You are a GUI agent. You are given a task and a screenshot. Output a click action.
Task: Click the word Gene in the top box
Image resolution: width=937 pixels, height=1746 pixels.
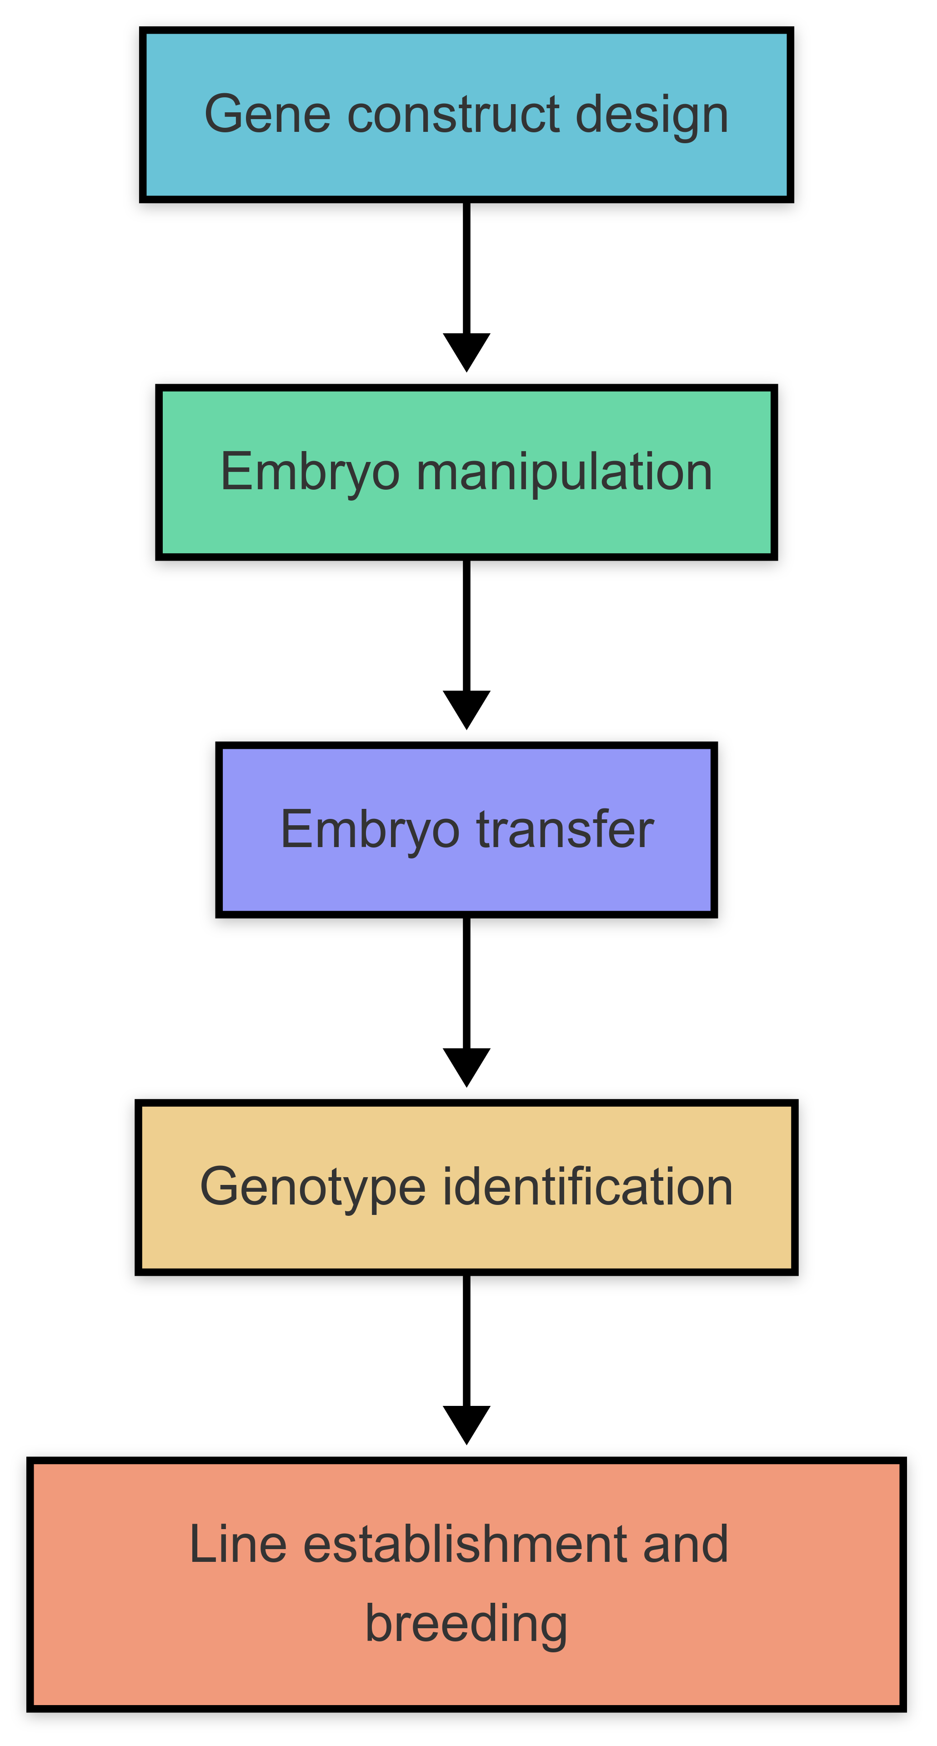coord(268,114)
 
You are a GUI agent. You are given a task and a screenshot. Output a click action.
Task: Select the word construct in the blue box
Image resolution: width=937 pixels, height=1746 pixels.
coord(453,114)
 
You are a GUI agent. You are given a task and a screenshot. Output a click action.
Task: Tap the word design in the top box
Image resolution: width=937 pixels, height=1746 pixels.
coord(652,114)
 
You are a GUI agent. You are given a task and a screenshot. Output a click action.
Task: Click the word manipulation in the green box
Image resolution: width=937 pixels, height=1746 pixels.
coord(564,472)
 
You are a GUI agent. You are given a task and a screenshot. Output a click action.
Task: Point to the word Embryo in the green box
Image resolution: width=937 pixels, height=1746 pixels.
coord(310,473)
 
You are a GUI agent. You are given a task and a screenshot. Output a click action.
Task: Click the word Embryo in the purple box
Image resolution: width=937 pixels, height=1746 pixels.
coord(370,830)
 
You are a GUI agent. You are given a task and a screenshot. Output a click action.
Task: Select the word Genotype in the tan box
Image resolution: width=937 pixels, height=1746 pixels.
coord(312,1188)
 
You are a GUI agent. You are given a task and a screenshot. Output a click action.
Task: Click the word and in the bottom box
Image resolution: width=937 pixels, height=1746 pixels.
coord(685,1545)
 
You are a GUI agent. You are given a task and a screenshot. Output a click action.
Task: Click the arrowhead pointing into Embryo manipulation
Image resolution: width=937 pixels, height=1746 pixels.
coord(466,351)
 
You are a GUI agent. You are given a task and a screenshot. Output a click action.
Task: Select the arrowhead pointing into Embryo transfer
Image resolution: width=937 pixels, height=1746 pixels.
coord(466,708)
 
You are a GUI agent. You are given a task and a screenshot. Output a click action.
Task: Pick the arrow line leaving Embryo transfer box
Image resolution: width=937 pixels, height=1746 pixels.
coord(466,983)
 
